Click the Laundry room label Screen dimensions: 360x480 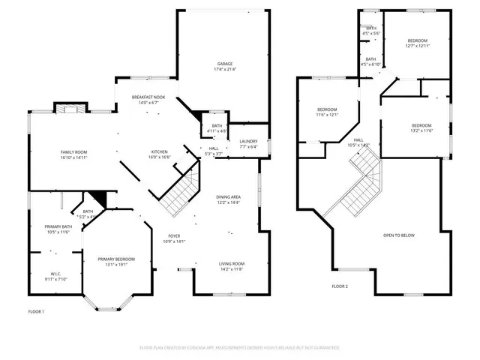coord(248,144)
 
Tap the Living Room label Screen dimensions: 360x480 coord(232,266)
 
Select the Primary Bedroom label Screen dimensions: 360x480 coord(116,262)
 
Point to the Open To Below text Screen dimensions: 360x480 coord(399,235)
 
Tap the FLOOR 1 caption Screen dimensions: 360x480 coord(36,311)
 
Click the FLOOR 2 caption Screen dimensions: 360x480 coord(340,286)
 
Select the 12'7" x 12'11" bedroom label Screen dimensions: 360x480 coord(417,43)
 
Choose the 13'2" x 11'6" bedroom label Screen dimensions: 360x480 coord(421,127)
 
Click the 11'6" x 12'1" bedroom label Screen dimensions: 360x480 coord(327,112)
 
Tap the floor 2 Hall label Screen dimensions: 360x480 coord(358,142)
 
